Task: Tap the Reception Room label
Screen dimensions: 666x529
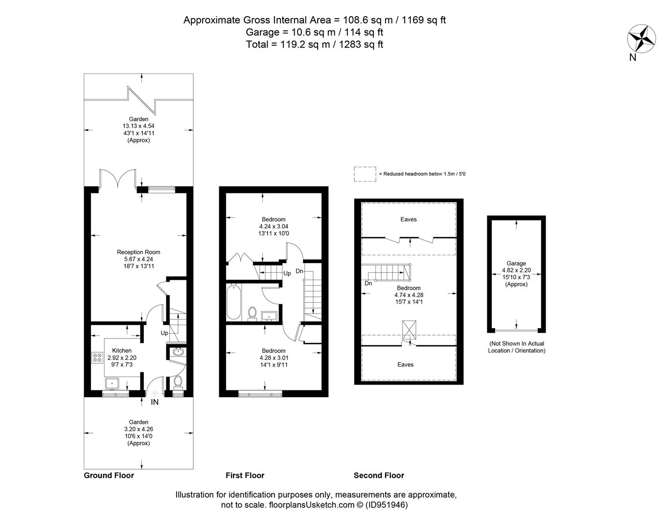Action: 138,252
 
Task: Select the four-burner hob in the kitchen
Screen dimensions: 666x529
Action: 97,357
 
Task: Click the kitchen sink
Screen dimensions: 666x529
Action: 112,384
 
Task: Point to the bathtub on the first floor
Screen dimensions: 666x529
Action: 233,303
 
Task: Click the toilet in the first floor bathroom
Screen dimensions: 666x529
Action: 252,313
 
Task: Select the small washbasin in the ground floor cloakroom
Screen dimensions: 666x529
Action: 178,352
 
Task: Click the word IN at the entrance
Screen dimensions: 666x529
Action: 155,402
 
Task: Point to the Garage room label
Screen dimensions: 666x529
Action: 516,264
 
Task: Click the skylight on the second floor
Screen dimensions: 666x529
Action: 409,330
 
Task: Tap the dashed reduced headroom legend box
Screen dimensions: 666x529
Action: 365,174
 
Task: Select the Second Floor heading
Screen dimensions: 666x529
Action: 379,476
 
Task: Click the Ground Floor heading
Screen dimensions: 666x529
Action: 109,476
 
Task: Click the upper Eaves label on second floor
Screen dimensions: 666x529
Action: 409,219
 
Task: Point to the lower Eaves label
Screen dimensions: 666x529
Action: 405,364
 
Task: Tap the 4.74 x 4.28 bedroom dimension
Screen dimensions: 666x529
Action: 409,295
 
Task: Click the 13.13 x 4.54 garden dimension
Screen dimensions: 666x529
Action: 138,126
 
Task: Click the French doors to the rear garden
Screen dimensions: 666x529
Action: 117,178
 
